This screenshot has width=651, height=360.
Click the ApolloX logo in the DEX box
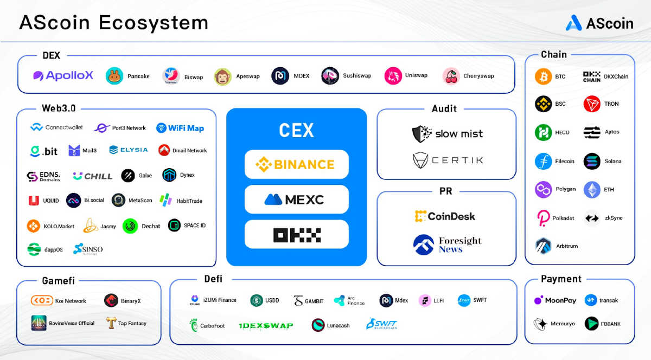pyautogui.click(x=63, y=76)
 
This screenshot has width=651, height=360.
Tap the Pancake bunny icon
pyautogui.click(x=114, y=76)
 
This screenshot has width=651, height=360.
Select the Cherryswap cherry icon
pyautogui.click(x=451, y=76)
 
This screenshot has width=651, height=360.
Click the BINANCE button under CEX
pyautogui.click(x=296, y=164)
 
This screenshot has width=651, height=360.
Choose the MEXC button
pyautogui.click(x=296, y=200)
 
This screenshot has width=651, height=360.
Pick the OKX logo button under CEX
pyautogui.click(x=296, y=235)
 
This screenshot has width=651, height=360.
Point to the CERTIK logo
pyautogui.click(x=448, y=160)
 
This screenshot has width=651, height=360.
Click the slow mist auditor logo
pyautogui.click(x=448, y=133)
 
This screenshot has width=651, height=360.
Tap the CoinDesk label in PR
pyautogui.click(x=445, y=216)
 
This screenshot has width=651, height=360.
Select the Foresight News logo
pyautogui.click(x=447, y=245)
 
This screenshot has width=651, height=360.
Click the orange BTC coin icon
pyautogui.click(x=543, y=76)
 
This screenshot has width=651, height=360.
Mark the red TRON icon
pyautogui.click(x=592, y=104)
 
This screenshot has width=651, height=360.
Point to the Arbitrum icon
pyautogui.click(x=543, y=246)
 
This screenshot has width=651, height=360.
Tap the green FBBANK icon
pyautogui.click(x=592, y=324)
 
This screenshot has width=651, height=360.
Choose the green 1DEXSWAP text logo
pyautogui.click(x=266, y=326)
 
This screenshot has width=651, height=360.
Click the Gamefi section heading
pyautogui.click(x=58, y=281)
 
